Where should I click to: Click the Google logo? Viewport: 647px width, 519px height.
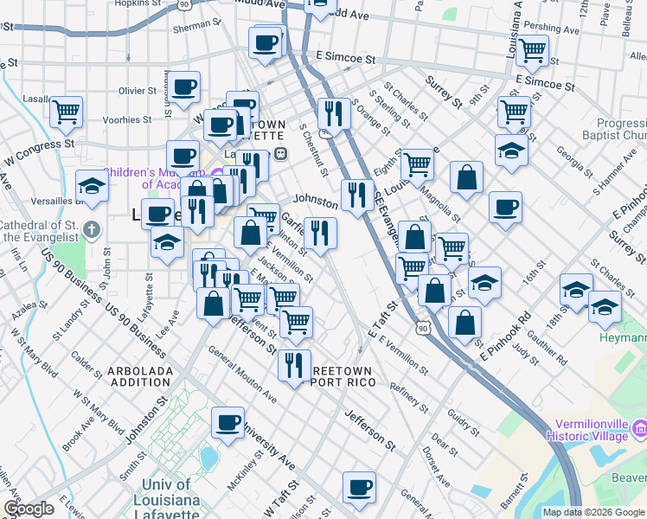point(29,509)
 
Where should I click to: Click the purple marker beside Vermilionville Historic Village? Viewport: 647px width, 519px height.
point(640,427)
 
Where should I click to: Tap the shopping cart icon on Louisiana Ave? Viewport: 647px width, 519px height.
point(531,50)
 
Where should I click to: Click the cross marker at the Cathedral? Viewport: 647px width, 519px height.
point(94,231)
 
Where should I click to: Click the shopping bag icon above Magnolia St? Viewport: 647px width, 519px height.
point(466,177)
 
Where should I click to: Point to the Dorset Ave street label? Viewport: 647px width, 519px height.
point(437,465)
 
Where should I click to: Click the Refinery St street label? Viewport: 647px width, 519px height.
point(410,396)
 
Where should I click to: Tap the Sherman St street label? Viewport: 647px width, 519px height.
point(192,27)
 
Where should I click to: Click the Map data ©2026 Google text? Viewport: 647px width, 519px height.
point(593,512)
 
